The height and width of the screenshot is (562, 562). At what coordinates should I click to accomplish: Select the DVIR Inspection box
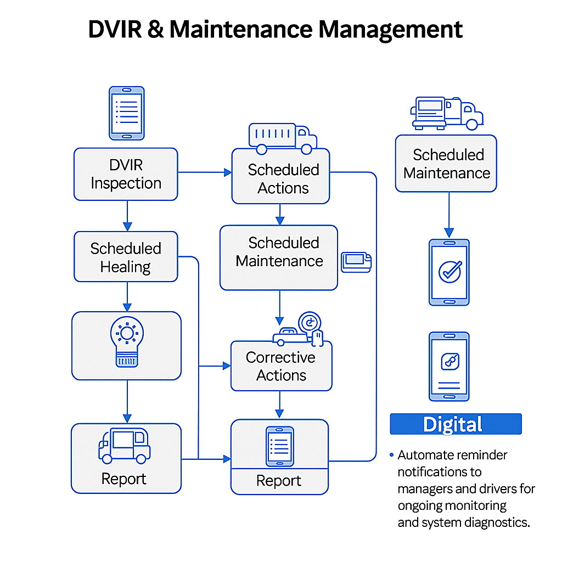pyautogui.click(x=126, y=174)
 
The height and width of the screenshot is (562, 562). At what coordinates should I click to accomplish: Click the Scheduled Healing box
pyautogui.click(x=126, y=257)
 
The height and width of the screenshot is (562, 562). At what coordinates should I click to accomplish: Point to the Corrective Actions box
pyautogui.click(x=281, y=366)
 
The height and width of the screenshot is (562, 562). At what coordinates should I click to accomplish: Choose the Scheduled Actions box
pyautogui.click(x=281, y=179)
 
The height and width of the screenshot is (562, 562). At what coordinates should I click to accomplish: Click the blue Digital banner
pyautogui.click(x=456, y=424)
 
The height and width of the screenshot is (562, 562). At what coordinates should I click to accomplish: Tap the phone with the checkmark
pyautogui.click(x=449, y=272)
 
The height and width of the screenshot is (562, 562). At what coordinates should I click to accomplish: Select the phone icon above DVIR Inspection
pyautogui.click(x=127, y=113)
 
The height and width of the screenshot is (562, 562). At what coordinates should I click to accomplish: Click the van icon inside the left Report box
pyautogui.click(x=124, y=445)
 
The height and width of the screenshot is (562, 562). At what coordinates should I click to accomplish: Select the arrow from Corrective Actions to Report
pyautogui.click(x=279, y=404)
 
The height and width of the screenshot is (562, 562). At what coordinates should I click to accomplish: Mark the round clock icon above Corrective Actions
pyautogui.click(x=310, y=323)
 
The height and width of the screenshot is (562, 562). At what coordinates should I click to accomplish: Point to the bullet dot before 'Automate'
pyautogui.click(x=391, y=455)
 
